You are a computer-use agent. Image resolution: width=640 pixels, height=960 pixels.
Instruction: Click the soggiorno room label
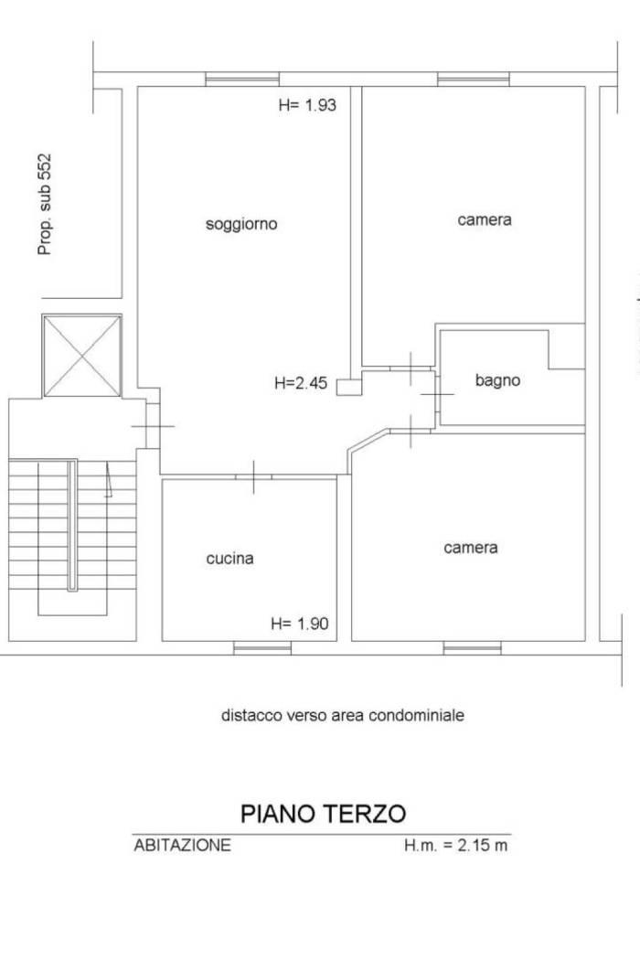pos(241,225)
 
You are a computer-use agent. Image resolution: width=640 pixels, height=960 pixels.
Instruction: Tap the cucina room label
pos(229,559)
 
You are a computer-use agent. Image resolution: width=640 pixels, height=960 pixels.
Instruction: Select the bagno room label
pos(497,381)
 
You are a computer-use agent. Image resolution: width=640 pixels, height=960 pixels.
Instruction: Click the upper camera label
pos(485,219)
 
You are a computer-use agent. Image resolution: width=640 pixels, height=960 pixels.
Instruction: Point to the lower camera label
pos(470,548)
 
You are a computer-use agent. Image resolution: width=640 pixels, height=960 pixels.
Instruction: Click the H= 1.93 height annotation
pos(307,105)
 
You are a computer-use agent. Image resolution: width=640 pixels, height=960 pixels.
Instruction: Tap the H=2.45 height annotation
pos(301,384)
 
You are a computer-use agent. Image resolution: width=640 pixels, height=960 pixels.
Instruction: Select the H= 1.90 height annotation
pos(300,624)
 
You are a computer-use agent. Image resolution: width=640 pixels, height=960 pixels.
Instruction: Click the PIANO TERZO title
pos(324,814)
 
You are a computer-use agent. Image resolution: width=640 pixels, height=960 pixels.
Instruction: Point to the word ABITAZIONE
pos(183,846)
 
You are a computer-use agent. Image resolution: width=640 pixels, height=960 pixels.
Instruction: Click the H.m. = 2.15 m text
pos(455,846)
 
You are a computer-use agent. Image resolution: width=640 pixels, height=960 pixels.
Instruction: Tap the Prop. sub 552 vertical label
pos(45,204)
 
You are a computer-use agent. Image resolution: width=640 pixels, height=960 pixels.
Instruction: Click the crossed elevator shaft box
pos(82,356)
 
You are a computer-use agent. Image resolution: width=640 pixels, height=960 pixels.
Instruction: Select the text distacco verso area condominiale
pos(342,715)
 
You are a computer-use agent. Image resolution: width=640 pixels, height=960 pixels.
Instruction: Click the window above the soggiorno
pos(242,79)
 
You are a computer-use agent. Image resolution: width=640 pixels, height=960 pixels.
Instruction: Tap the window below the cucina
pos(262,647)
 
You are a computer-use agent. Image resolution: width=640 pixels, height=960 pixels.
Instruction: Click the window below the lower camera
pos(472,647)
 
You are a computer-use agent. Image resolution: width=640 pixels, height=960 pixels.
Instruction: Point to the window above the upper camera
pos(474,79)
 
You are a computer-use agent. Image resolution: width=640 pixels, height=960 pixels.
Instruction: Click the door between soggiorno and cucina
pos(253,476)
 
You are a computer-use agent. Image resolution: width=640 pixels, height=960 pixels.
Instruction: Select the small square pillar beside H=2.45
pos(349,387)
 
